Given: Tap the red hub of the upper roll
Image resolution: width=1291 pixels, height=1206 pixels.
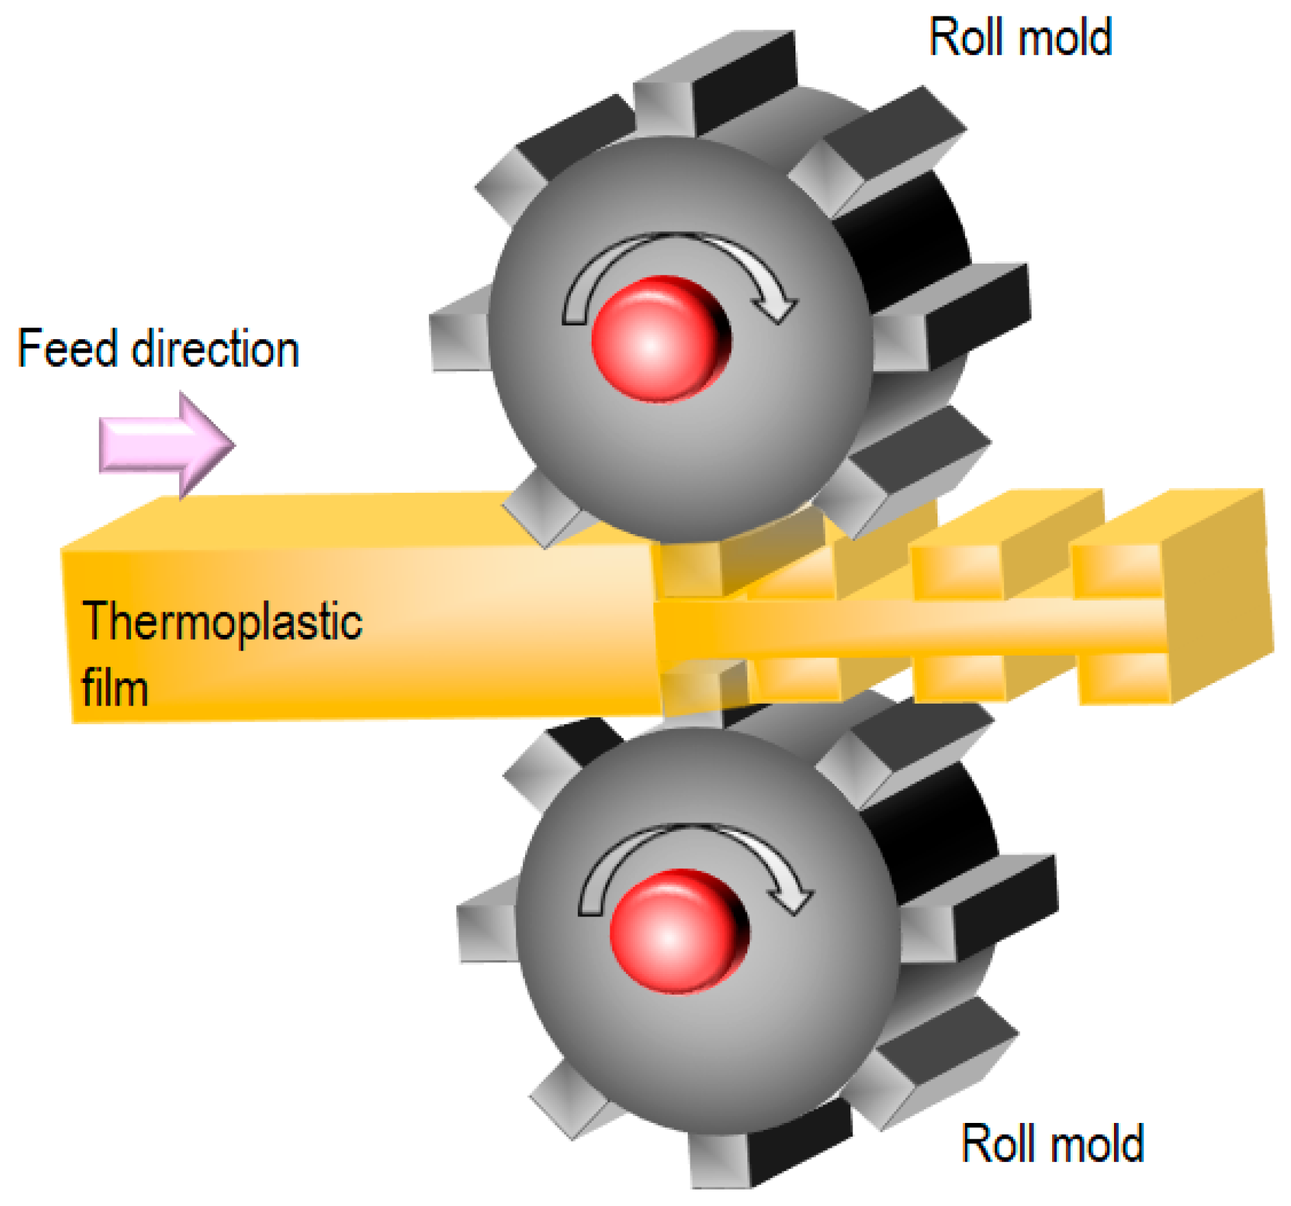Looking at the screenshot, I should [x=659, y=338].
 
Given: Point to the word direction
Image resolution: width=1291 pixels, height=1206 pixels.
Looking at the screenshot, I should [x=216, y=349].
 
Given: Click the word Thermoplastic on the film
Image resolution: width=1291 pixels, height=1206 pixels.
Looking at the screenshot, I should [x=222, y=622].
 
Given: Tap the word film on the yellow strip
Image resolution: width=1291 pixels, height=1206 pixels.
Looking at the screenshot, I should [x=115, y=688].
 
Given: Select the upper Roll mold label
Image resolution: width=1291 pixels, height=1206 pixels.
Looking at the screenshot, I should [x=1019, y=38].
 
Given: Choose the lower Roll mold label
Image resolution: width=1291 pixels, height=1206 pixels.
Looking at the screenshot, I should [x=1051, y=1144].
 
